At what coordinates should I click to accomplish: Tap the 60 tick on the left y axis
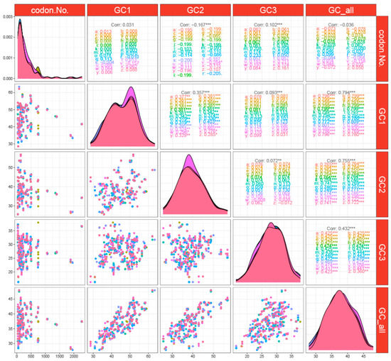coord(9,93)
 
